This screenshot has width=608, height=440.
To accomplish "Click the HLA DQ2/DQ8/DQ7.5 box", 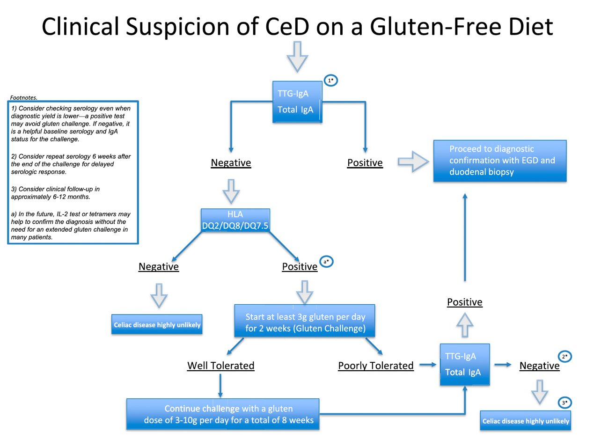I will [x=235, y=220].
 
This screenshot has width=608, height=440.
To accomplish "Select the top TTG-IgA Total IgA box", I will [x=297, y=102].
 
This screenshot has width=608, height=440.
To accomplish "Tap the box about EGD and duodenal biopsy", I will [x=499, y=161].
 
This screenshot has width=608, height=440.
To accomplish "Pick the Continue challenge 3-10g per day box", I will [x=223, y=414].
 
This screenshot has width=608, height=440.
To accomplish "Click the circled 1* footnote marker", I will [x=331, y=81].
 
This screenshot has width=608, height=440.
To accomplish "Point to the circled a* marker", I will [x=326, y=262].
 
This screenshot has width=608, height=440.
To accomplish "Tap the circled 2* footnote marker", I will [x=564, y=357].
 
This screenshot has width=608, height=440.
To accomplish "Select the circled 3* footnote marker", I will [x=564, y=403].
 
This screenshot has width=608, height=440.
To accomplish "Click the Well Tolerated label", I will [x=221, y=366].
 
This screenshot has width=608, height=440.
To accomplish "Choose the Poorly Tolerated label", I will [x=376, y=366].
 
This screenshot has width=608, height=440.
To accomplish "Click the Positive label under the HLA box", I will [x=300, y=266].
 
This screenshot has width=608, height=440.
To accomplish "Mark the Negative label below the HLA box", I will [x=159, y=266].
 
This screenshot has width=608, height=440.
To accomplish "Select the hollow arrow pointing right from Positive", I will [x=413, y=162].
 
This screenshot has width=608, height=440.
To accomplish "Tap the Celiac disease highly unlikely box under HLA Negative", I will [x=157, y=324].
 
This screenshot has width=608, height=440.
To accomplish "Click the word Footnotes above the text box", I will [x=23, y=98].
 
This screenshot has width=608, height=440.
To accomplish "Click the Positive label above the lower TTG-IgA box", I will [x=464, y=302].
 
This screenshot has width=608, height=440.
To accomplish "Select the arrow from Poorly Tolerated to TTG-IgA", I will [x=427, y=365].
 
